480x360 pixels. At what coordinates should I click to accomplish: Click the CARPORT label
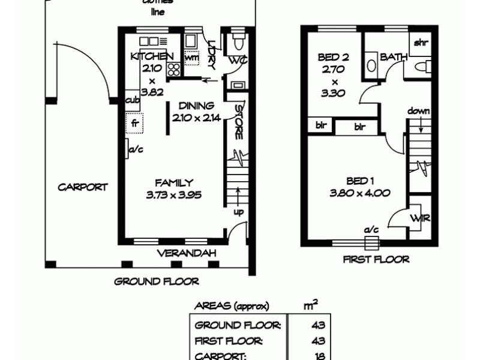coord(83,187)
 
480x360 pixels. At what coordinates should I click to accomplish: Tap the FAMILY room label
coord(173,183)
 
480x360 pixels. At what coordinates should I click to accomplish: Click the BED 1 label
coord(360,181)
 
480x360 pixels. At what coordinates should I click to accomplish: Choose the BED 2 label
coord(334,58)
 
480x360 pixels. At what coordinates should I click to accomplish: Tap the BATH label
coord(394,58)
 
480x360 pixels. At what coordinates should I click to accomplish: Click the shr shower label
coord(419,43)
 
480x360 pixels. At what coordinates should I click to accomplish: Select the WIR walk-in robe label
coord(420,218)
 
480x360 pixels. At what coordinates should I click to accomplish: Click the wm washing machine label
coord(192,58)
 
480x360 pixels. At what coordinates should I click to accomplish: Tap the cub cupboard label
coord(133,100)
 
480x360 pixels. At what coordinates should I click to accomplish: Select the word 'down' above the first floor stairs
coord(419,111)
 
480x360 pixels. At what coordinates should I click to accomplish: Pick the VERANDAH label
coord(186,254)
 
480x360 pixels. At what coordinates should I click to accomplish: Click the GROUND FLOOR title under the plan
coord(156,281)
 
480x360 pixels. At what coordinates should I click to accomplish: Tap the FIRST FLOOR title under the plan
coord(376,260)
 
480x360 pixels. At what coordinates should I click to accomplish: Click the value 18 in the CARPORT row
coord(319,356)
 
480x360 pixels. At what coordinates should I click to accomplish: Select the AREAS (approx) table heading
coord(231,306)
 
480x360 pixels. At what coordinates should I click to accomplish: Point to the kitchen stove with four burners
coord(174,68)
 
